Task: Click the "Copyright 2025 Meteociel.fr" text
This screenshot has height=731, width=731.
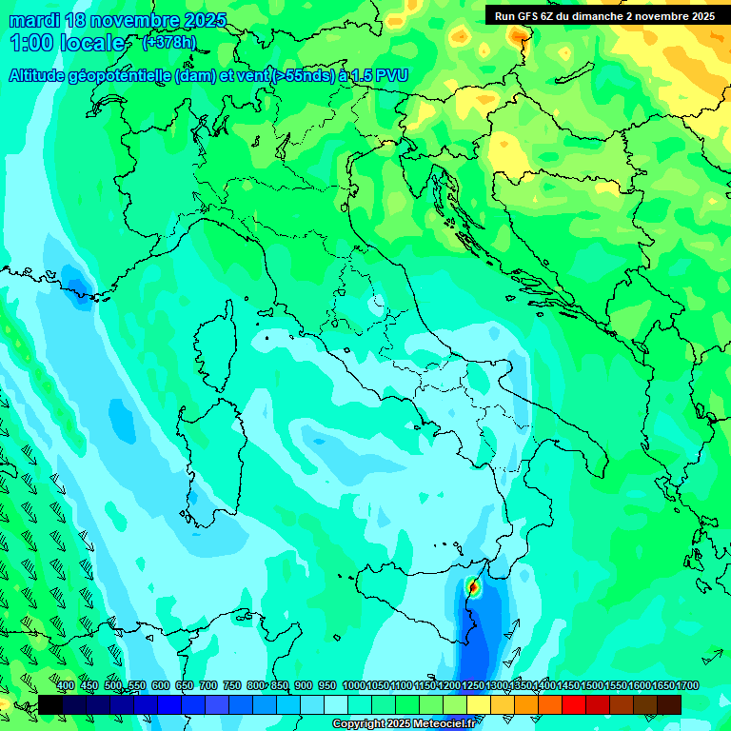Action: pyautogui.click(x=404, y=723)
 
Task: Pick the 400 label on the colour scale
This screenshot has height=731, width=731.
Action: pyautogui.click(x=66, y=686)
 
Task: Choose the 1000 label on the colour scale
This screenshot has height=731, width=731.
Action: pyautogui.click(x=353, y=686)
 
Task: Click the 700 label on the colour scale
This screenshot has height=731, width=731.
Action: pyautogui.click(x=208, y=686)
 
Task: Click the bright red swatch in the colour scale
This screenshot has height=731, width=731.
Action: pyautogui.click(x=574, y=704)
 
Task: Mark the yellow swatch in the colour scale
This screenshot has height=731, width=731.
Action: pyautogui.click(x=479, y=704)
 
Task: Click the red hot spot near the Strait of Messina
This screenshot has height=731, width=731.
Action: pyautogui.click(x=473, y=588)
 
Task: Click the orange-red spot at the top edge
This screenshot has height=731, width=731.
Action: pyautogui.click(x=519, y=36)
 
